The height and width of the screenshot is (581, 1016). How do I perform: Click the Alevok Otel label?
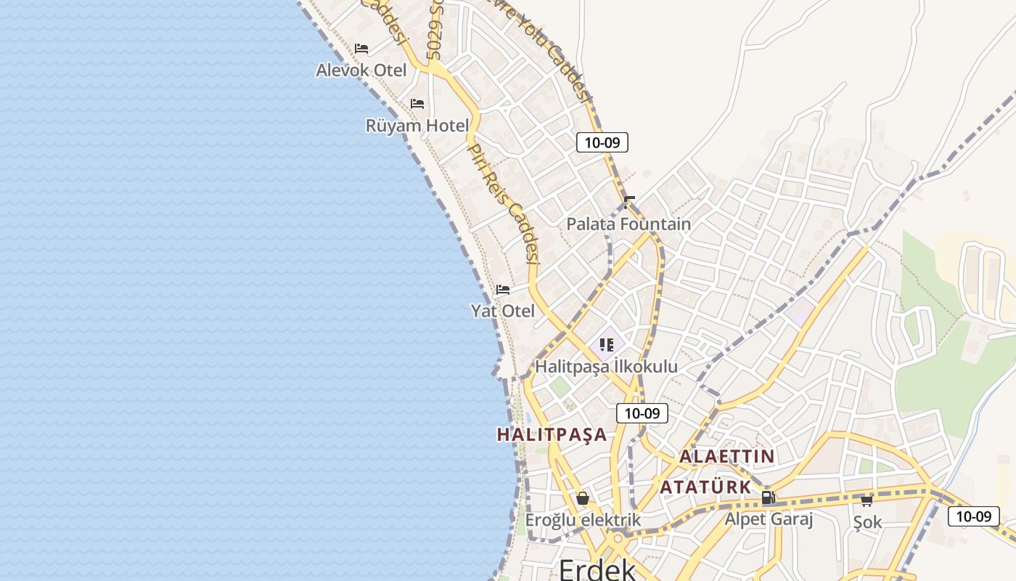[x=361, y=70]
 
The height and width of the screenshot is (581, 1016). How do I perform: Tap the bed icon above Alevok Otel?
[x=361, y=49]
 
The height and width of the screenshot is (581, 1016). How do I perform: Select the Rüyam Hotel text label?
[x=417, y=126]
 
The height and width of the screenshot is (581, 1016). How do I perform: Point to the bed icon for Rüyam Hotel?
[x=417, y=104]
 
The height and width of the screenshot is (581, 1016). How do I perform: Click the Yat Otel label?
[x=503, y=311]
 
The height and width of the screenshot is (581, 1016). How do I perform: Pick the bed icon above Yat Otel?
[x=503, y=290]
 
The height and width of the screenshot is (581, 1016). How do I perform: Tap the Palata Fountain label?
[x=628, y=224]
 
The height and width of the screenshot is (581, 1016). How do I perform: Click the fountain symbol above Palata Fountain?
[x=629, y=202]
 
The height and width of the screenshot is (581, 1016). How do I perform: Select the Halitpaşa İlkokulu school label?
[x=606, y=366]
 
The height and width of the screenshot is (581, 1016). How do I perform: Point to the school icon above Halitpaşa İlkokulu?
[x=607, y=345]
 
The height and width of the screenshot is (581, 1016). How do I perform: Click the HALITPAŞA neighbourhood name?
[x=552, y=434]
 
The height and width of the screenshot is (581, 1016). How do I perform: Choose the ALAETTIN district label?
[x=726, y=457]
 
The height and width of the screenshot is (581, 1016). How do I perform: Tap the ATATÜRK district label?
[x=705, y=487]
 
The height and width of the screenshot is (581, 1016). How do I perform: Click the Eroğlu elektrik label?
[x=583, y=520]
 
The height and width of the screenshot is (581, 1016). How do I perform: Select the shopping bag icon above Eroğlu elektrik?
[x=582, y=498]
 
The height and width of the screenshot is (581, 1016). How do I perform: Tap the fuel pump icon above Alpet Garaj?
[x=769, y=497]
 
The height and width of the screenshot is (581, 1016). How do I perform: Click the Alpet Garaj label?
[x=769, y=519]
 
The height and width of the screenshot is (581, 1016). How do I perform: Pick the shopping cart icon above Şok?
[x=867, y=500]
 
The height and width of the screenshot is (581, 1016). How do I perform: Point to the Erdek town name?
[x=597, y=569]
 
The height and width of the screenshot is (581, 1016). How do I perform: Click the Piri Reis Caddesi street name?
[x=504, y=203]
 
